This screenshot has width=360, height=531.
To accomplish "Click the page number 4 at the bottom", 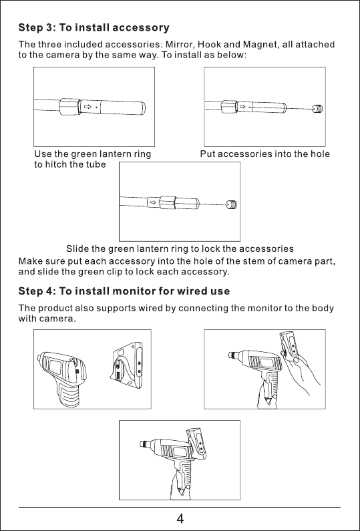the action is click(180, 518).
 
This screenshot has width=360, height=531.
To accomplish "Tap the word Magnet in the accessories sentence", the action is click(260, 45).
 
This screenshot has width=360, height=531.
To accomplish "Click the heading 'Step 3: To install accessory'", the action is click(94, 27).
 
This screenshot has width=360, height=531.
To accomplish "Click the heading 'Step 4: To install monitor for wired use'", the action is click(124, 291).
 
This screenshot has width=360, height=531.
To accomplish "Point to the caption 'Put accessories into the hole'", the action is click(265, 154).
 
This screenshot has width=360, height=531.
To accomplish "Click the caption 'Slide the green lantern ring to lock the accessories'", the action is click(180, 249).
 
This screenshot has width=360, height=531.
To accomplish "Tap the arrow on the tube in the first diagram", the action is click(87, 107).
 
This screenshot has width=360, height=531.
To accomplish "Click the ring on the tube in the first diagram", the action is click(69, 107).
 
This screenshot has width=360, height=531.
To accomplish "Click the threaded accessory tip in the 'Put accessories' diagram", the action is click(317, 109).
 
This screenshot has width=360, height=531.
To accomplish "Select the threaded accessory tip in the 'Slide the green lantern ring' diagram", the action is click(232, 204).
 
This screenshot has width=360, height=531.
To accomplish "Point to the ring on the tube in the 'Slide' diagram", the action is click(167, 202).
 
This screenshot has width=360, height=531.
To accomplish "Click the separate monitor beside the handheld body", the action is click(128, 365).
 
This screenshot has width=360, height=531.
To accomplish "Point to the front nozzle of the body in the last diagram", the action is click(145, 444).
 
